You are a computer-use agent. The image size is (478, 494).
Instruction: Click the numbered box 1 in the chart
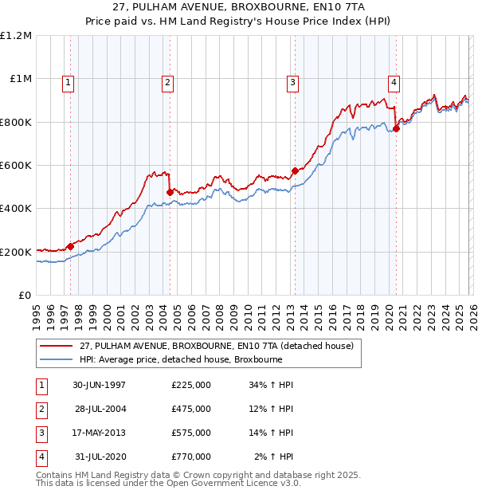[68, 81]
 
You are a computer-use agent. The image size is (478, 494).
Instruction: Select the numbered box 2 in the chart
[168, 81]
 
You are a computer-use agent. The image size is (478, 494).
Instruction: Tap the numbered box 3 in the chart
[293, 81]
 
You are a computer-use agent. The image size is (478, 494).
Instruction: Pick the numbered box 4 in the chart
[394, 81]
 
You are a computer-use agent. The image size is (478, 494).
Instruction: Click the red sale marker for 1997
[70, 246]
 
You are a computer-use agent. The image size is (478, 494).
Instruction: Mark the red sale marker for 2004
[170, 192]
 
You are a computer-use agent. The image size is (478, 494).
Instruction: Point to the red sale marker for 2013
[295, 171]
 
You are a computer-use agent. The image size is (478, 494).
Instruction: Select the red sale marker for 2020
[396, 129]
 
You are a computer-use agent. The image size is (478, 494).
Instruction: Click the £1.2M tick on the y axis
[16, 36]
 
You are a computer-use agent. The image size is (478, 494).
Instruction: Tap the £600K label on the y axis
[16, 166]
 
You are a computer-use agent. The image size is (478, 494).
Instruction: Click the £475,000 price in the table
[191, 409]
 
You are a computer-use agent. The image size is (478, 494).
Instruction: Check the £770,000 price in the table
[191, 457]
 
